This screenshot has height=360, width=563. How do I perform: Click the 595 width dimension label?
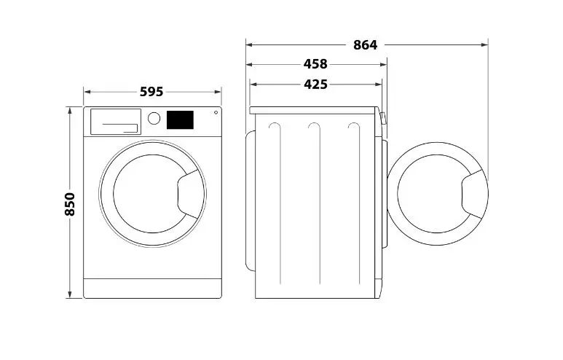pos(151,92)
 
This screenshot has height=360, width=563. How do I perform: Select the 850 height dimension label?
pos(70,204)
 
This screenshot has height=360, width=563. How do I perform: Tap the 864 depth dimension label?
pos(365,45)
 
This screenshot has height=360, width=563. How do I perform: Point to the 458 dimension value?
pos(315,64)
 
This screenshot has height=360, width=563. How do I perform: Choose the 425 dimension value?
pos(315,85)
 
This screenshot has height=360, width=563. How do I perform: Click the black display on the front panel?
pos(180,120)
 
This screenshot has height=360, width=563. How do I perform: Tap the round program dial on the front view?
pos(154,118)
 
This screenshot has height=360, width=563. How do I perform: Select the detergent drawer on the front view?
pos(115,122)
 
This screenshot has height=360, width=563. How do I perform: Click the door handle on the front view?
pos(189,195)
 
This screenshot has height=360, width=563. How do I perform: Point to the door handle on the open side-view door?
pos(474,195)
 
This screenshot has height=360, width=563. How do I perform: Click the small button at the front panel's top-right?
pos(216,112)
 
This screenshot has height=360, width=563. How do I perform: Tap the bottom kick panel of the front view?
pos(152,288)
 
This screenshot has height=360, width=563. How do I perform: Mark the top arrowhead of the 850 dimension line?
pos(70,109)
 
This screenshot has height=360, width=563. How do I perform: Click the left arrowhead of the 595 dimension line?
pos(87,92)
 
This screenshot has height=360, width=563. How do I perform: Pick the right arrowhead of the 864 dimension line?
pos(485,45)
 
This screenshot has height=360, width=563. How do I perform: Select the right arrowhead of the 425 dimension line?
pos(379,85)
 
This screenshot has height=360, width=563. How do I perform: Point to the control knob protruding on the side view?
pos(383,119)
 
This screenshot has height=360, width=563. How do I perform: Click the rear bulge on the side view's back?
pos(251,201)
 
